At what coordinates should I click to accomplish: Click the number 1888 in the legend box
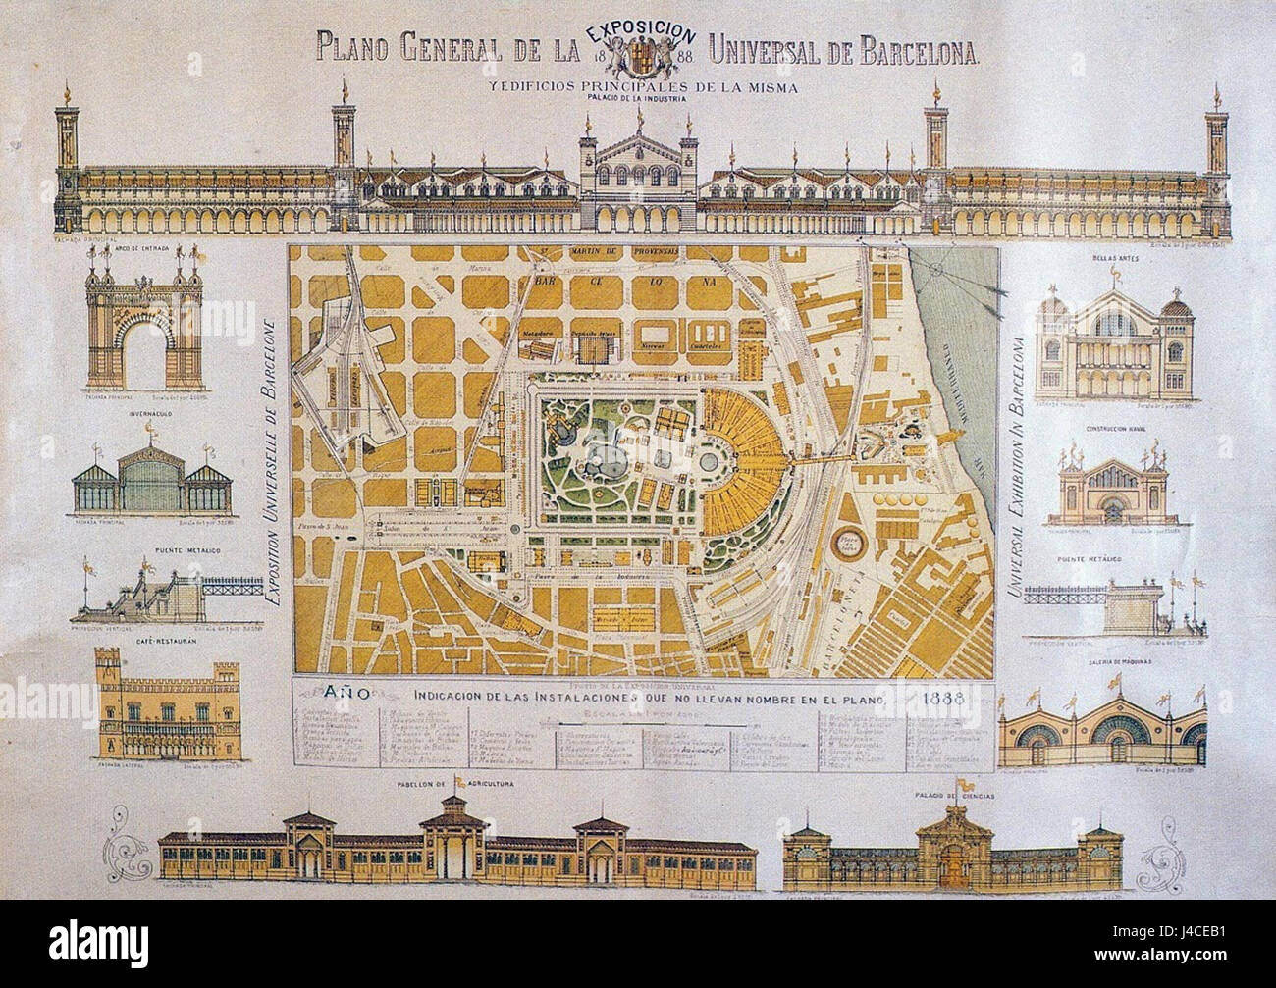coord(940,699)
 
